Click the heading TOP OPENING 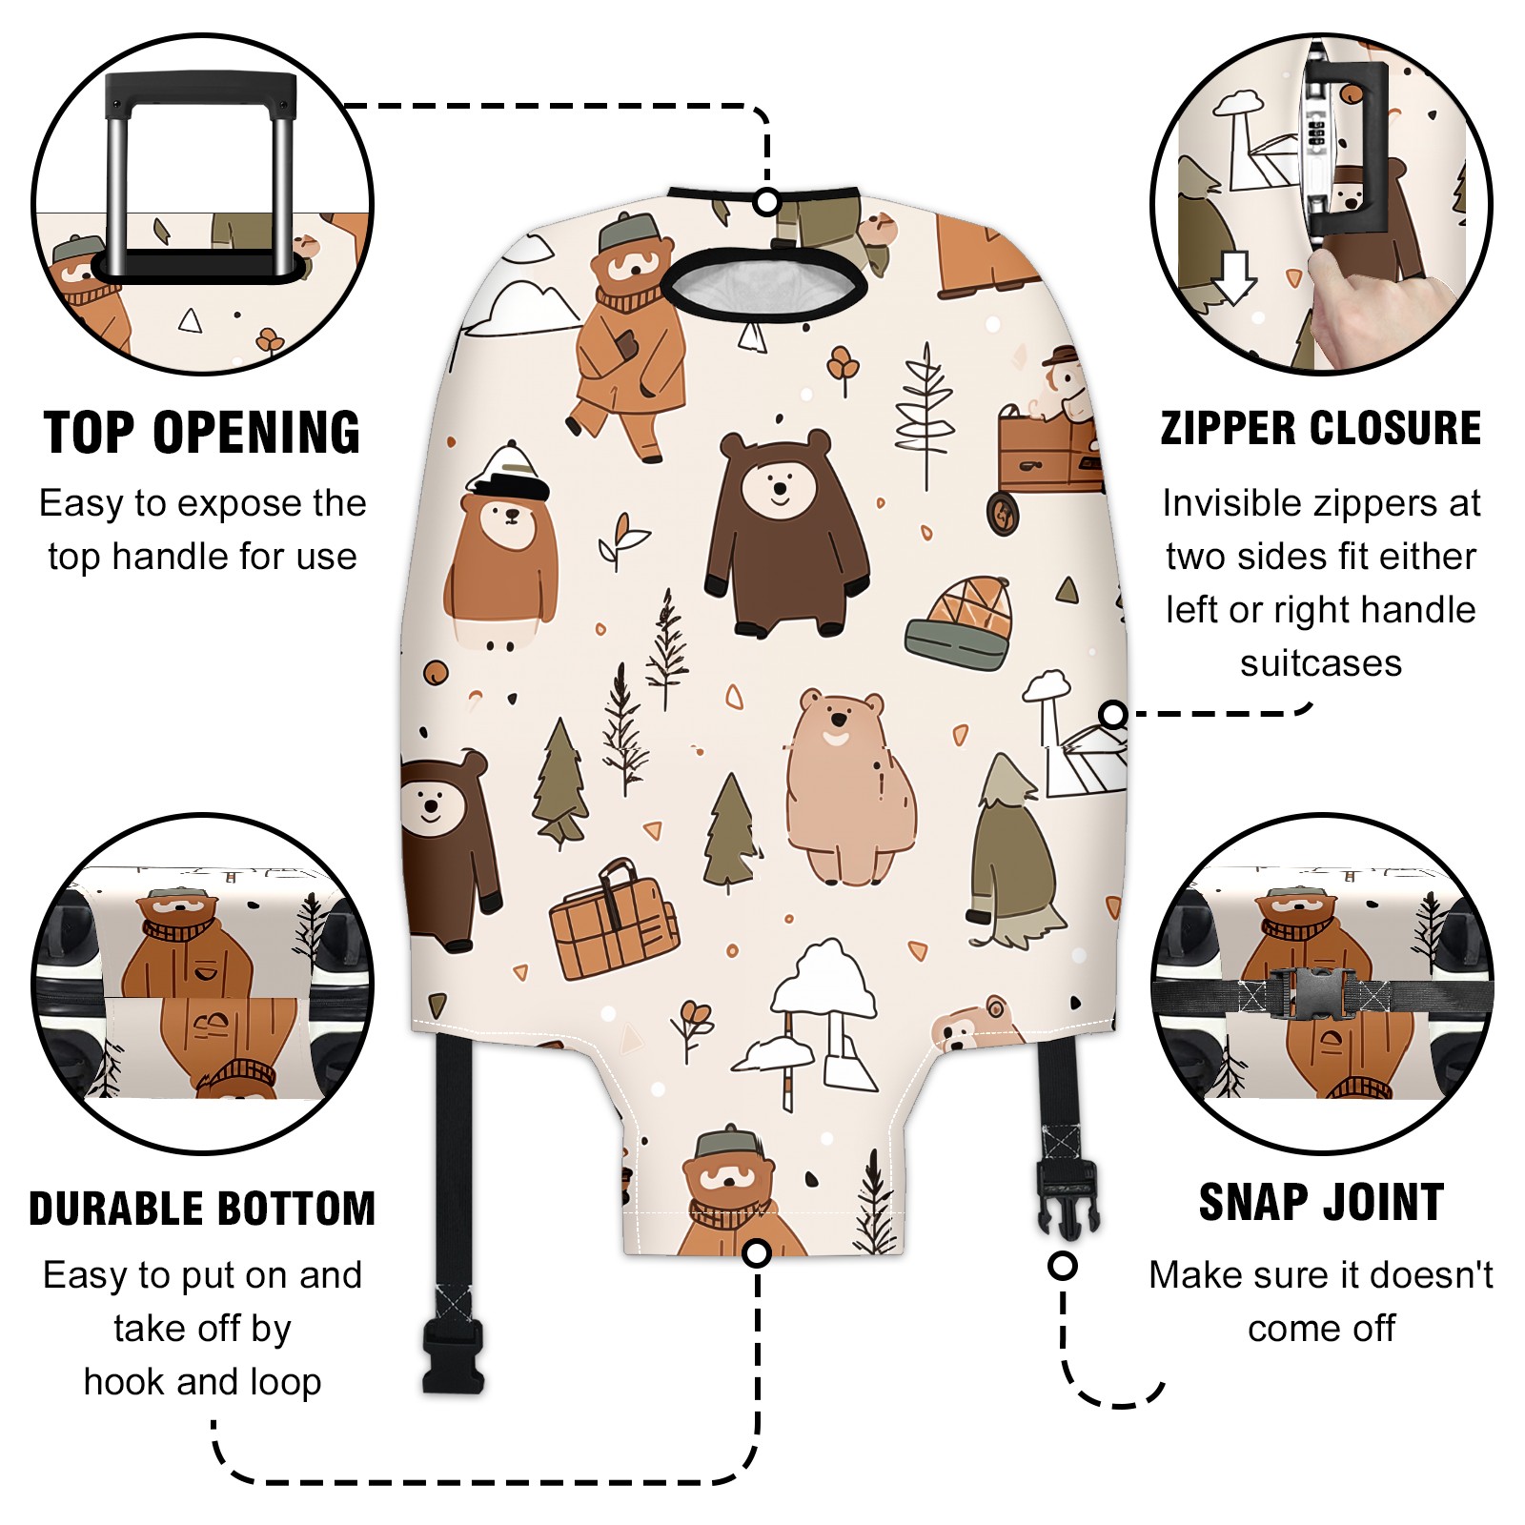pyautogui.click(x=202, y=433)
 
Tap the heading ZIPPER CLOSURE pyautogui.click(x=1321, y=428)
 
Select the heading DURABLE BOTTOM pyautogui.click(x=202, y=1209)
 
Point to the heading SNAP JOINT pyautogui.click(x=1321, y=1202)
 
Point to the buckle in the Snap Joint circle pyautogui.click(x=1313, y=993)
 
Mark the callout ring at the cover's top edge pyautogui.click(x=766, y=202)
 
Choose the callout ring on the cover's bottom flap pyautogui.click(x=757, y=1253)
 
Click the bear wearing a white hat pyautogui.click(x=502, y=545)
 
